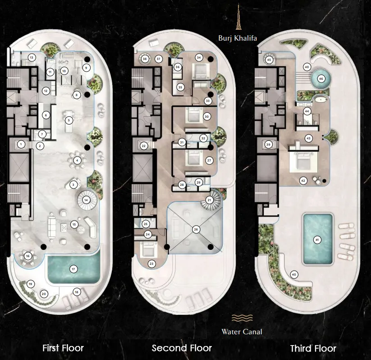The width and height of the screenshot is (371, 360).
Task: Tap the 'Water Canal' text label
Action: (x=242, y=332)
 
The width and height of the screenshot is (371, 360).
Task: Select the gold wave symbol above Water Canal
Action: (x=242, y=318)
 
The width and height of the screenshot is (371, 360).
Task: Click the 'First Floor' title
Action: (x=63, y=348)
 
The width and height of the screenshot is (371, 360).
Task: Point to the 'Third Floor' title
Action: (x=313, y=348)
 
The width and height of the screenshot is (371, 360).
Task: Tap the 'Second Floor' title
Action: (x=182, y=348)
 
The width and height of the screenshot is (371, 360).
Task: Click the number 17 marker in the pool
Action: (x=73, y=269)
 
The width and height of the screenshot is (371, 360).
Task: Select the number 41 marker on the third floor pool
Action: (x=317, y=240)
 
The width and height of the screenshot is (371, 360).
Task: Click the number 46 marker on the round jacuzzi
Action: (x=321, y=79)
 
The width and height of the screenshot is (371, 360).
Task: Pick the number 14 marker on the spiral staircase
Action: (x=86, y=200)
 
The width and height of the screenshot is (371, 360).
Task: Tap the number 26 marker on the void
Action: (x=196, y=229)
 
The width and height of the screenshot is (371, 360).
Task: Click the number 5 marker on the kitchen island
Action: (x=69, y=120)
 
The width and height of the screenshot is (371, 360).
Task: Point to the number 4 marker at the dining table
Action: (x=77, y=161)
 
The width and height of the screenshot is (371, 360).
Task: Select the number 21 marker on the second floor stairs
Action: (x=209, y=200)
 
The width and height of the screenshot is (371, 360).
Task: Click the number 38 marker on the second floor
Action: (x=145, y=59)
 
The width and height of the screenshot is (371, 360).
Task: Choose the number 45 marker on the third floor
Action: (x=269, y=60)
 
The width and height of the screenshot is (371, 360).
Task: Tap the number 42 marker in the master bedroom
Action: (x=303, y=181)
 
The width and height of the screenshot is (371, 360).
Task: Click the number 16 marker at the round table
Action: (x=28, y=256)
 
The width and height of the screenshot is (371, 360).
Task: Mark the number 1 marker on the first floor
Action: (x=21, y=144)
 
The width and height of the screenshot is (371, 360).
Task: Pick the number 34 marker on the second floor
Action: (x=199, y=58)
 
